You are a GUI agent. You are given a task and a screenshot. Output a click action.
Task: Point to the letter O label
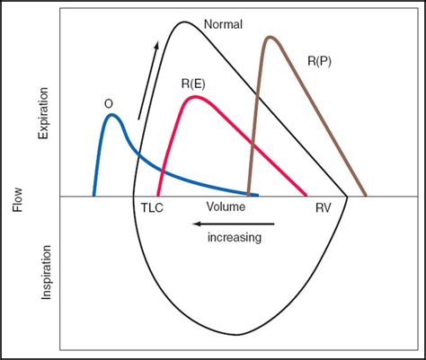pyautogui.click(x=108, y=104)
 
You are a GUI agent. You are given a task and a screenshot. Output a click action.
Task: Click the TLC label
pyautogui.click(x=152, y=206)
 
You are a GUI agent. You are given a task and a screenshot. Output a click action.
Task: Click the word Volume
pyautogui.click(x=226, y=206)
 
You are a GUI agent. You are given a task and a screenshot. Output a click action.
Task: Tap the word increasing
pyautogui.click(x=235, y=238)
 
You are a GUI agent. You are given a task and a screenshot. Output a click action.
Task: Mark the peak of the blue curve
pyautogui.click(x=110, y=115)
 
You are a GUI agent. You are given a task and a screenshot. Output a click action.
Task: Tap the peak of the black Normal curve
pyautogui.click(x=183, y=21)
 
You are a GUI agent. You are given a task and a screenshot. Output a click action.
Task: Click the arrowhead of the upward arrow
pyautogui.click(x=157, y=42)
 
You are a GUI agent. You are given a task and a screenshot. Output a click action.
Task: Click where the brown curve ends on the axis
pyautogui.click(x=365, y=195)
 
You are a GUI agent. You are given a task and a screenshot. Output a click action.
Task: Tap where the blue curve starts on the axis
pyautogui.click(x=94, y=195)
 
